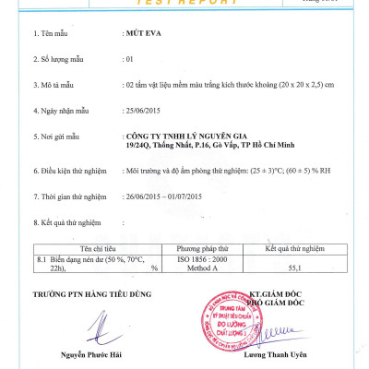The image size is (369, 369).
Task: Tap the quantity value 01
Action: (127, 58)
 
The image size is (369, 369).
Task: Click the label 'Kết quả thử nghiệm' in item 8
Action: (73, 222)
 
